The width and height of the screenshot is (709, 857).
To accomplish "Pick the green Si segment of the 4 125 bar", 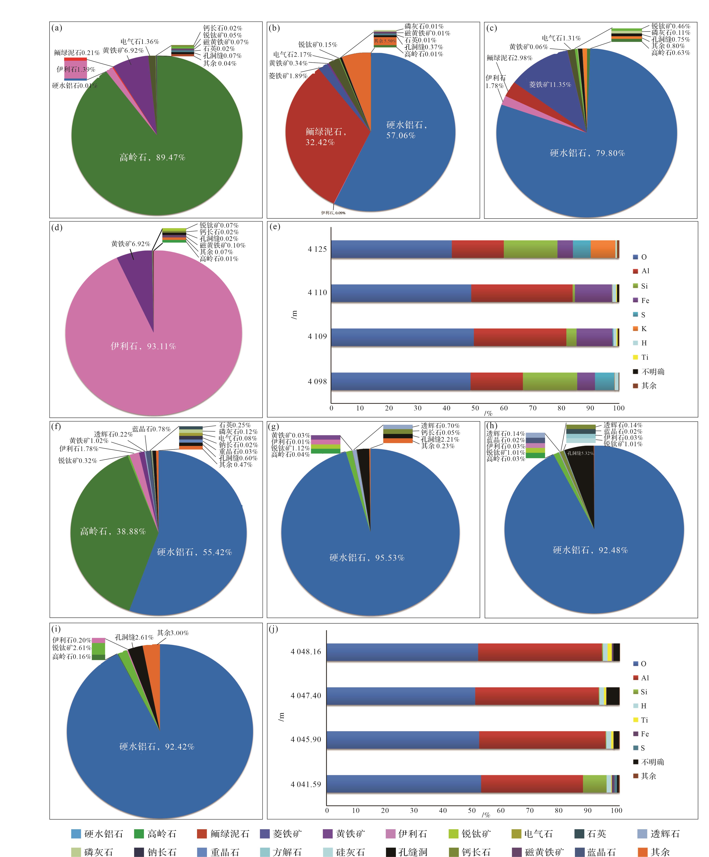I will (530, 249).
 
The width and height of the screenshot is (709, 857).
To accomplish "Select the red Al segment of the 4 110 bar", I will (522, 293).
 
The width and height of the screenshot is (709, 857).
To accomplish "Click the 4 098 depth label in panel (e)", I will (317, 382).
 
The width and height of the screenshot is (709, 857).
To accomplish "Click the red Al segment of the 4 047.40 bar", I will (536, 696).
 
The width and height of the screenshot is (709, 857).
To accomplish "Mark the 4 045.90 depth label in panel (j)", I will (306, 739).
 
